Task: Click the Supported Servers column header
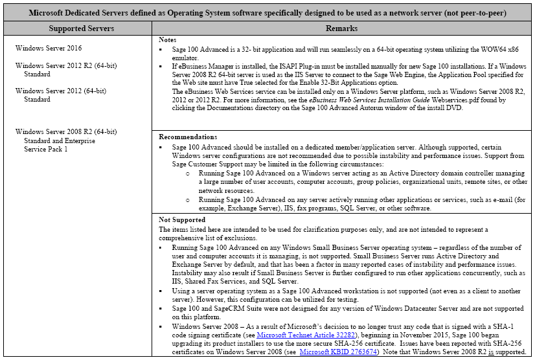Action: (82, 29)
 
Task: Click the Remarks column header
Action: (344, 29)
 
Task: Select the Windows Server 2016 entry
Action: (49, 49)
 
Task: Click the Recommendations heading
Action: (188, 137)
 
